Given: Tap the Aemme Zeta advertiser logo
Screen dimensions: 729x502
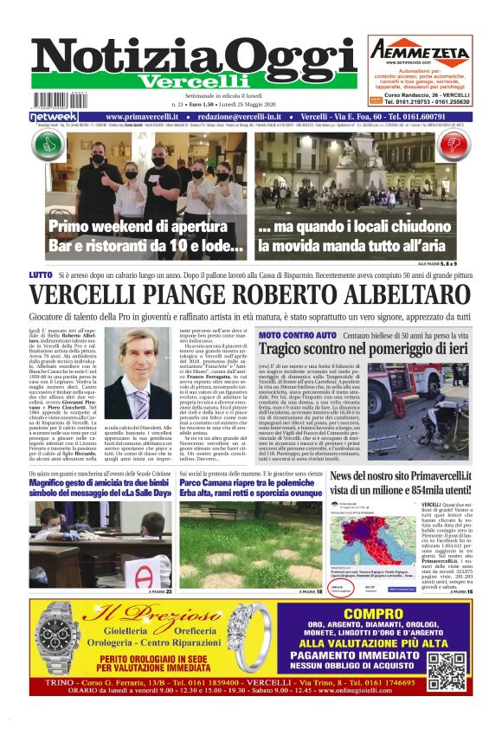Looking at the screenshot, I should pos(422,50).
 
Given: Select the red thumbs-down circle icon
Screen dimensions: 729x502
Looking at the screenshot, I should pos(458,144).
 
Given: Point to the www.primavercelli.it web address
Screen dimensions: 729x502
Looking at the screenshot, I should pos(145,117).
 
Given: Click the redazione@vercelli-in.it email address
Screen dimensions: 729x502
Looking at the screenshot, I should pos(244,117).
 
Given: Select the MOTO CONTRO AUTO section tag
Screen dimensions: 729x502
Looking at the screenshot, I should pos(297,334).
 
